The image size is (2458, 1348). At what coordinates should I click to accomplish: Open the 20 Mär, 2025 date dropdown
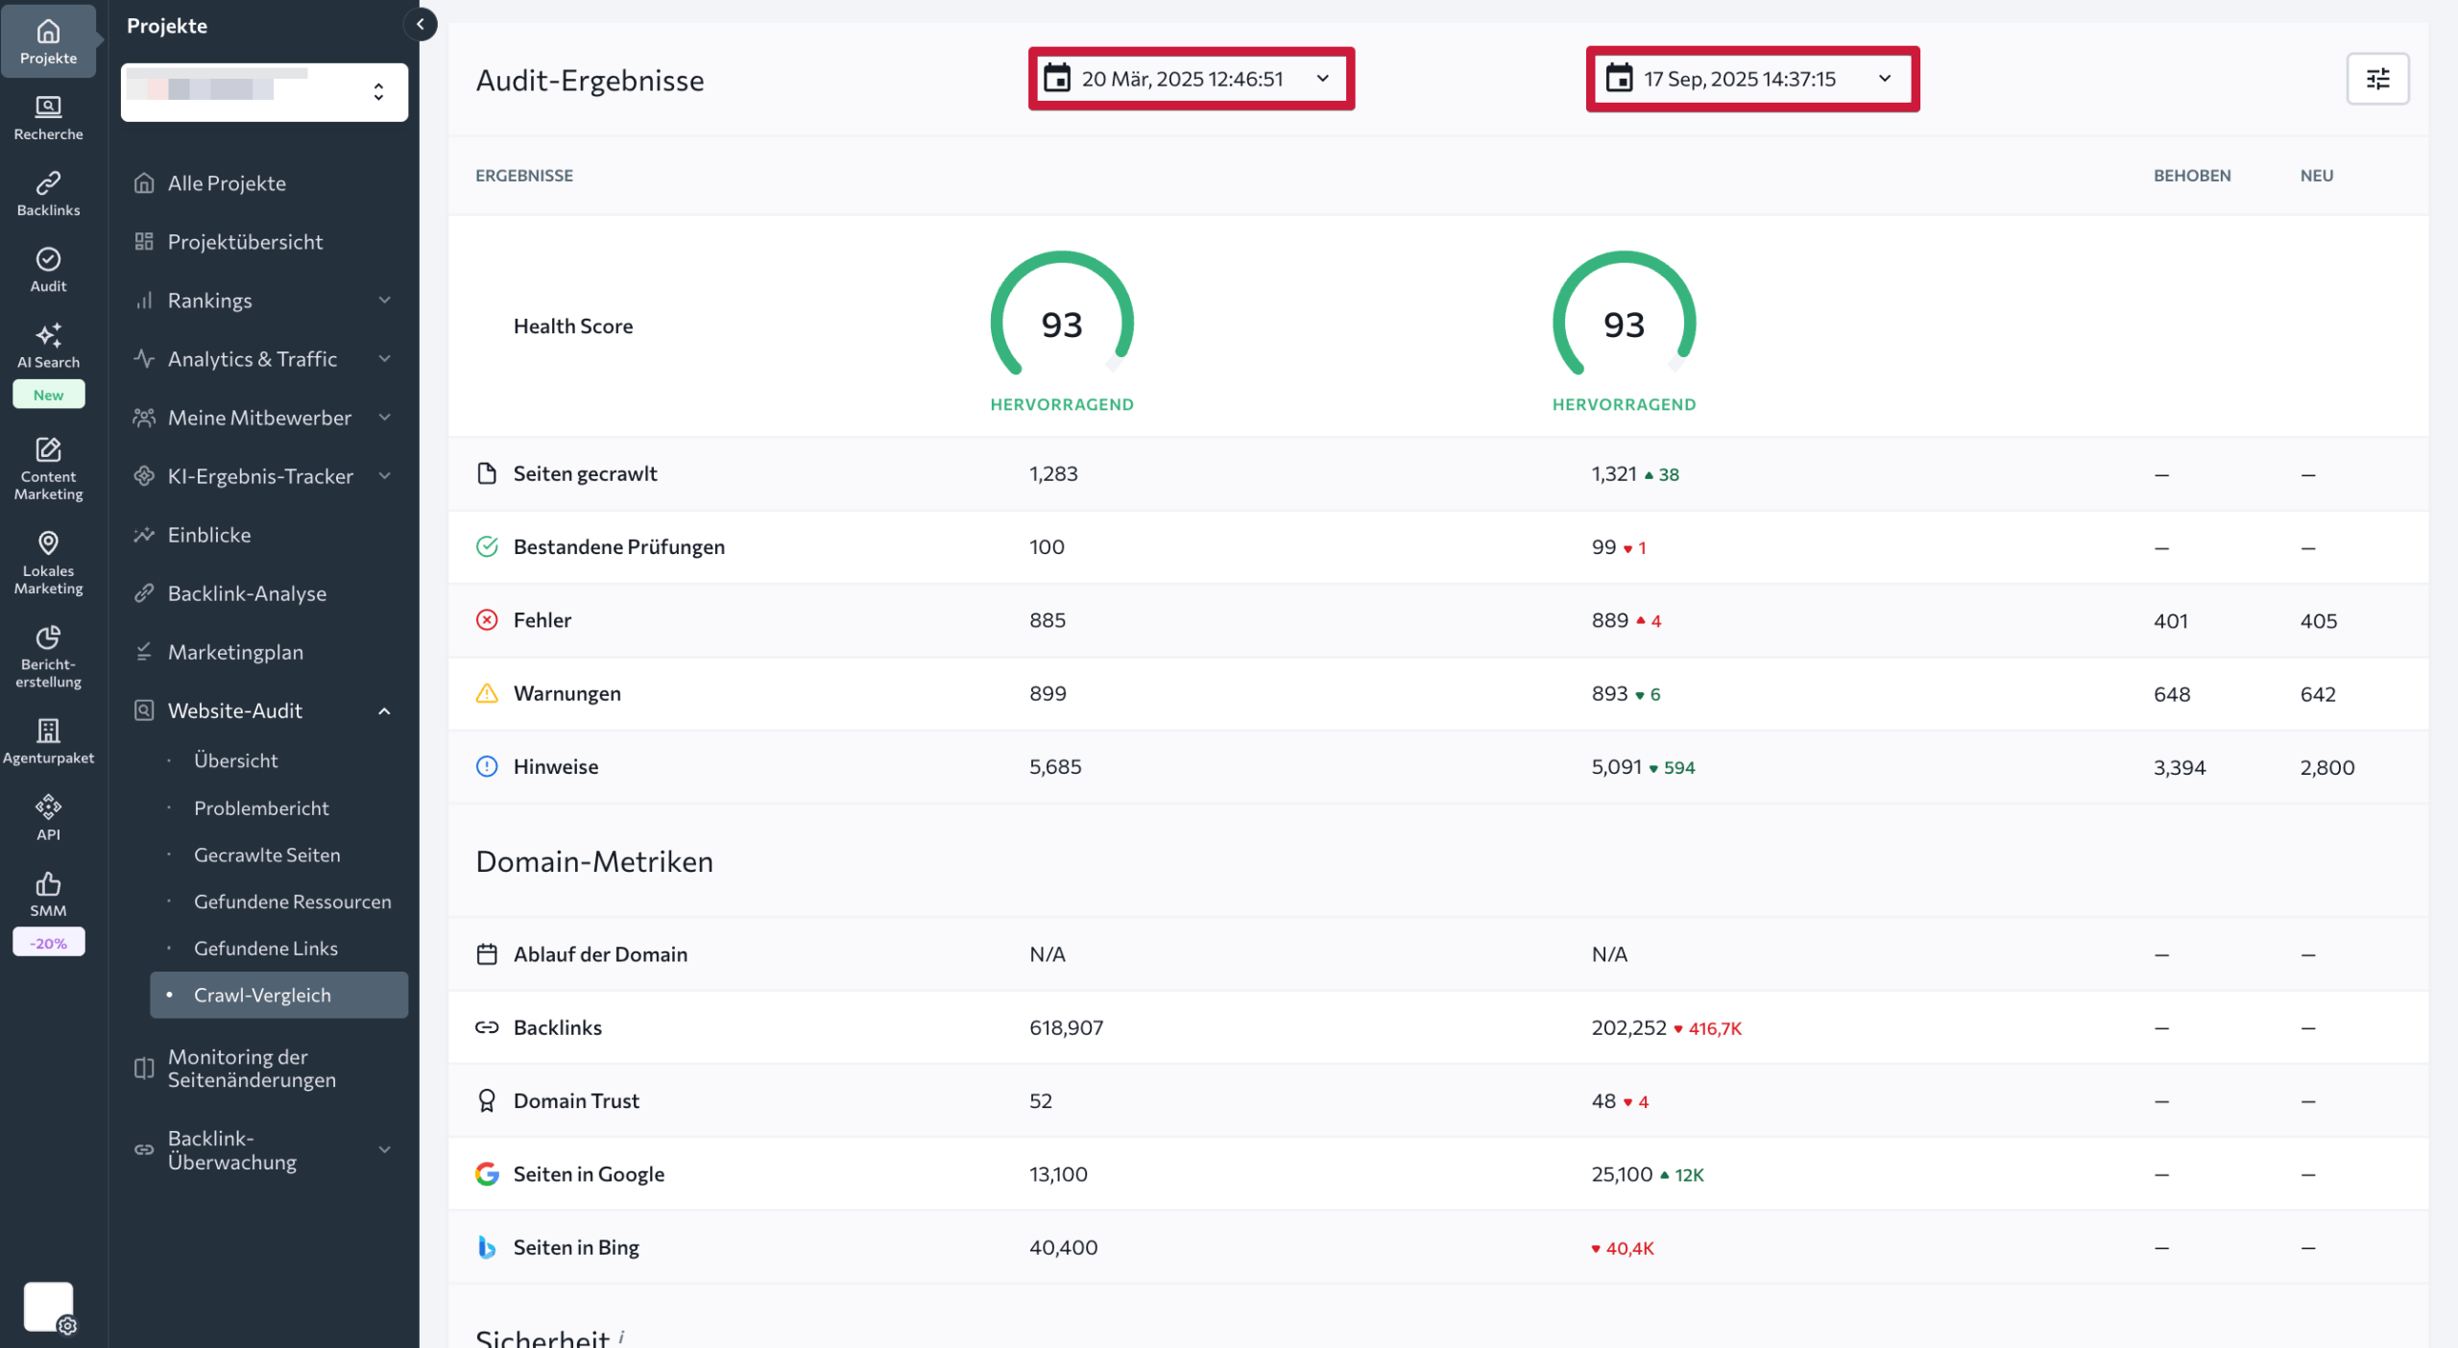[x=1190, y=79]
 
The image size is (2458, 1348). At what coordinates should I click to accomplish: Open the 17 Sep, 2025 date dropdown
[x=1751, y=79]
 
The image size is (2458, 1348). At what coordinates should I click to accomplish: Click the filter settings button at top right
[x=2376, y=79]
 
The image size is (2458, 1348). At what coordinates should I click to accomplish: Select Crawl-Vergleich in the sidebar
[x=262, y=995]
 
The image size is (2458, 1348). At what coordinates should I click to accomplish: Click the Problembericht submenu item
[x=261, y=807]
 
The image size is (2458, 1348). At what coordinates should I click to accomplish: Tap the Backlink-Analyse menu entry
[x=247, y=593]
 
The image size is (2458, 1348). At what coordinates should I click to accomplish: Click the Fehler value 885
[x=1047, y=620]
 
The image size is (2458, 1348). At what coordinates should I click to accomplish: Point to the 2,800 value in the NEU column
[x=2326, y=767]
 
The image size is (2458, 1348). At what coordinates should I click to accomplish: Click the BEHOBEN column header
[x=2191, y=176]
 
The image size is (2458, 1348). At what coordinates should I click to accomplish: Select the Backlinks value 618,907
[x=1066, y=1027]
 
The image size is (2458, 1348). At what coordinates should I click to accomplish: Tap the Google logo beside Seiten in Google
[x=487, y=1173]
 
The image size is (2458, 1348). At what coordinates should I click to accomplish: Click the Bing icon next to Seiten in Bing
[x=487, y=1247]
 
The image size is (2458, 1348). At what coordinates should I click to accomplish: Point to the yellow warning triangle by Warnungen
[x=487, y=693]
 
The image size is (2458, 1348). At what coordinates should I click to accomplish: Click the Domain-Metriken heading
[x=594, y=861]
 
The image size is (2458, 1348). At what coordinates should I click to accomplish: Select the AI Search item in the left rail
[x=48, y=346]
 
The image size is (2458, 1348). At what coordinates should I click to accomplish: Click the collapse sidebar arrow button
[x=420, y=25]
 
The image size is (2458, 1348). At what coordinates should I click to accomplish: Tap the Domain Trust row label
[x=576, y=1100]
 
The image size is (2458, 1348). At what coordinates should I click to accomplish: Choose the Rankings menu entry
[x=209, y=301]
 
